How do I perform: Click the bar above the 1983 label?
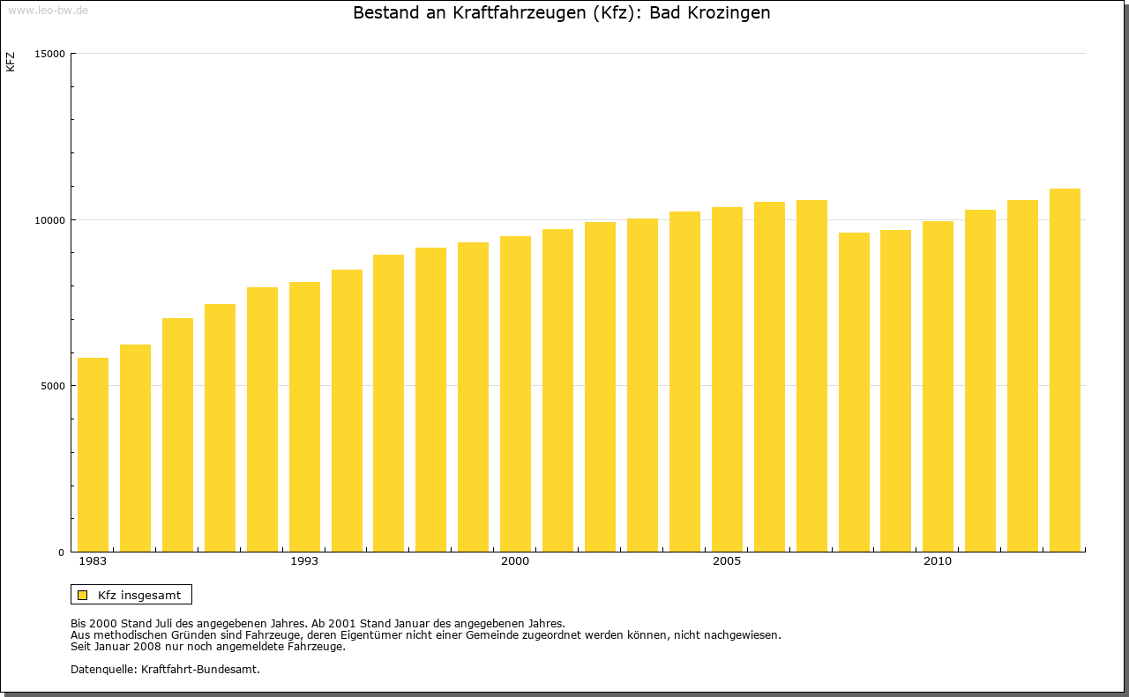(93, 455)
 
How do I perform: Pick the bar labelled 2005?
(727, 379)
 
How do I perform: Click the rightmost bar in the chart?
(1065, 370)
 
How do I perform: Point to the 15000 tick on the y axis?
(52, 54)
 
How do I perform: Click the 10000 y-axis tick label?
(52, 219)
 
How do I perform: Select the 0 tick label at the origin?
(63, 552)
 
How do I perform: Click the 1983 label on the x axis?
(93, 561)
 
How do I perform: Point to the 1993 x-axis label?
(304, 561)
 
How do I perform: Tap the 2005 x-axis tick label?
(727, 561)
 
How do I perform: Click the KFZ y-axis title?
(11, 62)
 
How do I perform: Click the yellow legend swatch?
(83, 595)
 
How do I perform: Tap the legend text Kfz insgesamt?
(139, 595)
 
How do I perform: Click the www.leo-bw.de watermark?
(47, 9)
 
